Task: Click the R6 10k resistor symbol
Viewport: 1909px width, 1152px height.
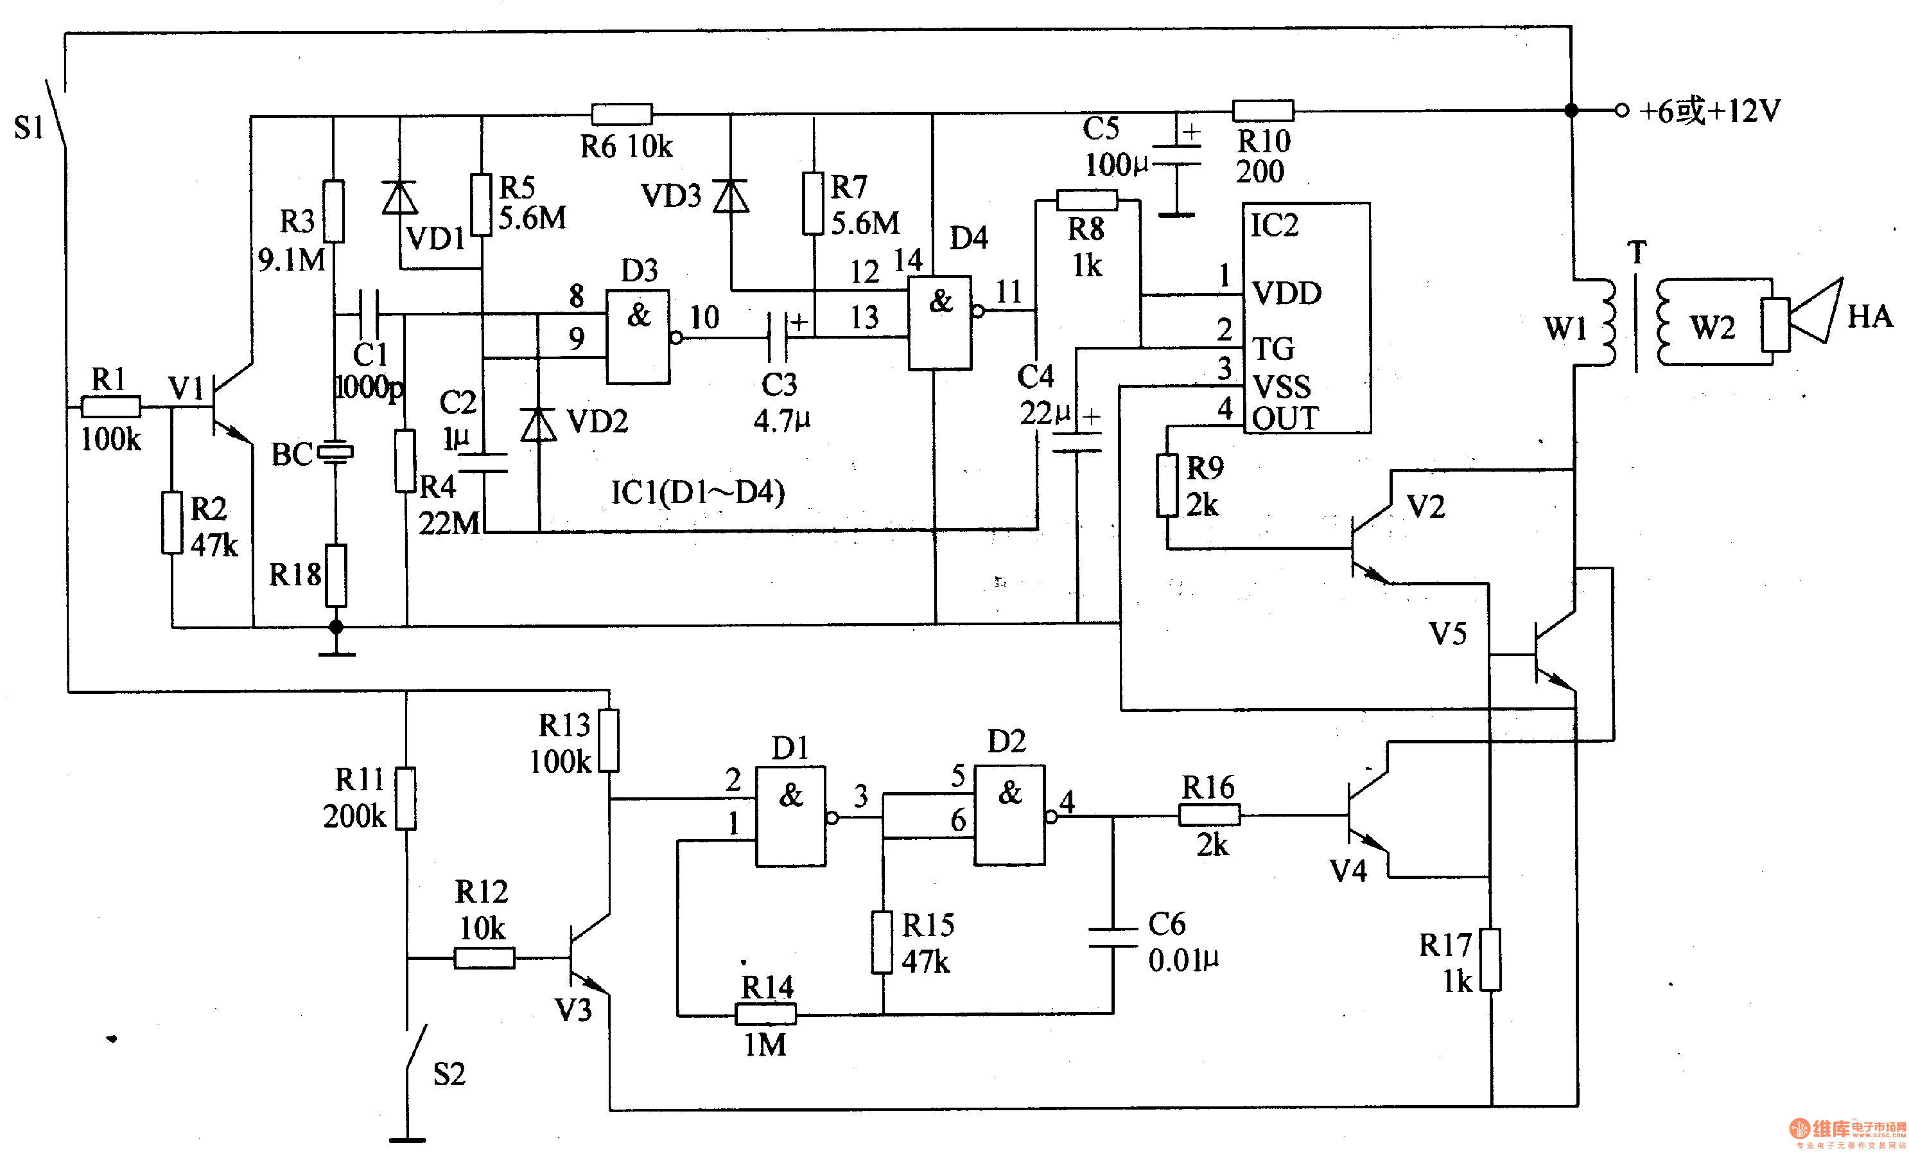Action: (x=622, y=114)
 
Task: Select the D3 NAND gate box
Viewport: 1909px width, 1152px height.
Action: (x=638, y=337)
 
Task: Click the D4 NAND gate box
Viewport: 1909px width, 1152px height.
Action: (x=940, y=323)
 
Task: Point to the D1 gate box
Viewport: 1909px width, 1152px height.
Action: (x=790, y=817)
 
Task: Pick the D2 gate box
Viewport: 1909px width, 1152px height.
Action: (x=1009, y=815)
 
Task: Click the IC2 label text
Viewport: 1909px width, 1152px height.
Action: (x=1275, y=225)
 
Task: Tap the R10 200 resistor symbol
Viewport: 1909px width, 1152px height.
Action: (x=1263, y=110)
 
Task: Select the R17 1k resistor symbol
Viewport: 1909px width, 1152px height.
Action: (x=1490, y=959)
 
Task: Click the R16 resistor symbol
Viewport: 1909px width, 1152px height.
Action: (x=1208, y=815)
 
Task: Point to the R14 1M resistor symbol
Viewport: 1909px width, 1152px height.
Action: (x=765, y=1013)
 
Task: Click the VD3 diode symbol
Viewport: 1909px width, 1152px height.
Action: (x=731, y=196)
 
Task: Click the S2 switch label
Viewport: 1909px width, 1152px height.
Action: (x=449, y=1074)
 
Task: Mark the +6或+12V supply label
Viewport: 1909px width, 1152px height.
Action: (x=1710, y=110)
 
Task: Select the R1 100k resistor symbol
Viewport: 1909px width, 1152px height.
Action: (x=111, y=406)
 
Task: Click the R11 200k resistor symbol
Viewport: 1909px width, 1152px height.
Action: (x=405, y=799)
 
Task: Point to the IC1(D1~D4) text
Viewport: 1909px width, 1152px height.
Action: (x=697, y=492)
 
